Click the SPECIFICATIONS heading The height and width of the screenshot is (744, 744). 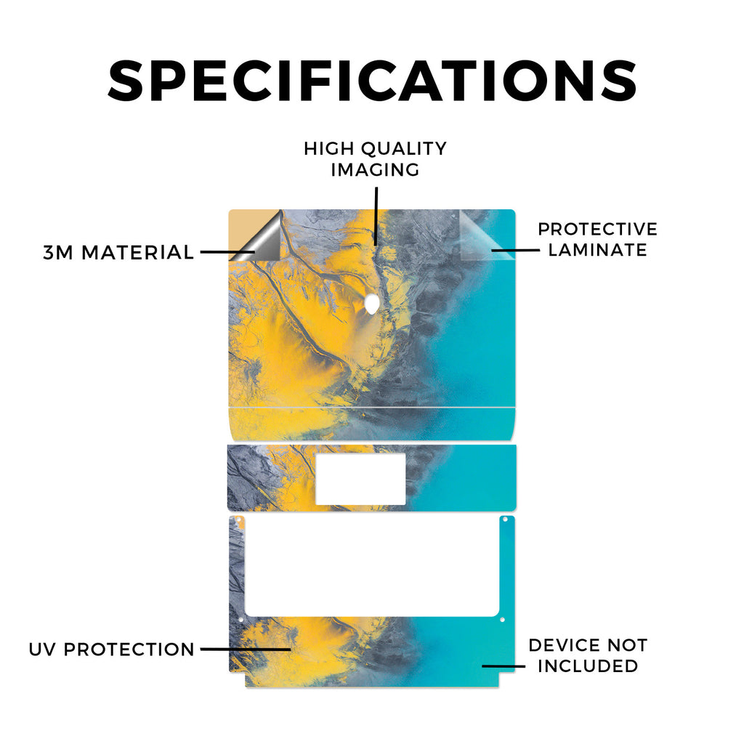pyautogui.click(x=372, y=81)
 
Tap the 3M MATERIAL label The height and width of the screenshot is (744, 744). pyautogui.click(x=118, y=252)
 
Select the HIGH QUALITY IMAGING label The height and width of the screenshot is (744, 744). pyautogui.click(x=376, y=159)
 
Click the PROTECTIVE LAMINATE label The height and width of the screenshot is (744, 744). pyautogui.click(x=597, y=239)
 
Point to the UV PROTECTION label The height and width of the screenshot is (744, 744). pyautogui.click(x=111, y=649)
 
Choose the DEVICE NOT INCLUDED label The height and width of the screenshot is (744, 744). pyautogui.click(x=588, y=655)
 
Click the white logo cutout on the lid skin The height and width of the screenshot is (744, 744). pyautogui.click(x=372, y=304)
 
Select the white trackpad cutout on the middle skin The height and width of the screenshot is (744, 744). pyautogui.click(x=360, y=479)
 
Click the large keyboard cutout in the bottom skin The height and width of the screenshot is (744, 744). pyautogui.click(x=372, y=566)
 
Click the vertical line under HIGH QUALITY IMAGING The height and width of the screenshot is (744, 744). pyautogui.click(x=376, y=216)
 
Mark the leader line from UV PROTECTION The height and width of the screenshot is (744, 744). pyautogui.click(x=246, y=649)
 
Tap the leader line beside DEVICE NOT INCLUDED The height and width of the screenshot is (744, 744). pyautogui.click(x=504, y=666)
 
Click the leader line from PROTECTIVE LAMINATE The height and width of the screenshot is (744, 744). pyautogui.click(x=515, y=250)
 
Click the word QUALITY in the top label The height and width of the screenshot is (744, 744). pyautogui.click(x=404, y=149)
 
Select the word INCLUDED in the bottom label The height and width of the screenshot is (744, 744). pyautogui.click(x=588, y=666)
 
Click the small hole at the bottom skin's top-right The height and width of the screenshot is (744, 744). pyautogui.click(x=506, y=519)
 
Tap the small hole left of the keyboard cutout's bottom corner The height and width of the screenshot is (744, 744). pyautogui.click(x=240, y=620)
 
